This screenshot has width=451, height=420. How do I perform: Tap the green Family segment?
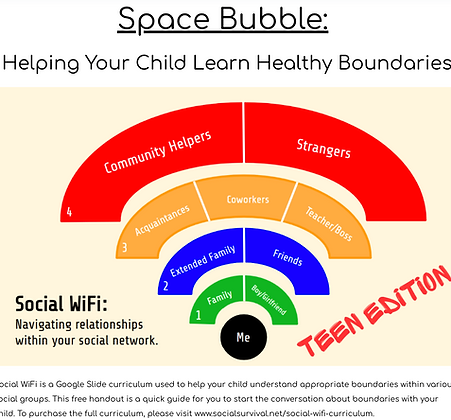(x=219, y=297)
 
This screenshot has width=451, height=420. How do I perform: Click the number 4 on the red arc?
(x=69, y=212)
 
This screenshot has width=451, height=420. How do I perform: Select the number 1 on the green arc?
(x=199, y=316)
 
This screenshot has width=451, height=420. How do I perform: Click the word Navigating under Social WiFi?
(x=51, y=324)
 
